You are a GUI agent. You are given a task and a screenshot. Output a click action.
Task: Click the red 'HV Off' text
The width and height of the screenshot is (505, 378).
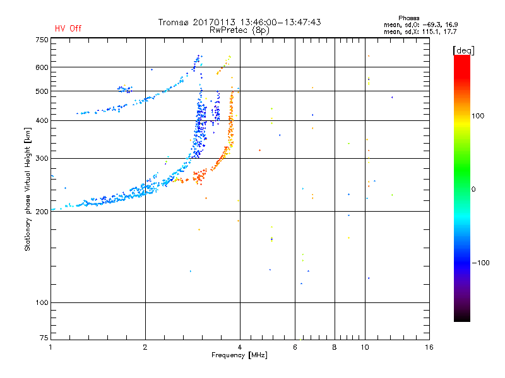pyautogui.click(x=68, y=28)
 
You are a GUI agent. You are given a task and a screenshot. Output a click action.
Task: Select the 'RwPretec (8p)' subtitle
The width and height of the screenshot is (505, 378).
pyautogui.click(x=239, y=30)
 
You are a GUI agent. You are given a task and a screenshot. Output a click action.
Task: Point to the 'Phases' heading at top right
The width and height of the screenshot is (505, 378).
pyautogui.click(x=408, y=18)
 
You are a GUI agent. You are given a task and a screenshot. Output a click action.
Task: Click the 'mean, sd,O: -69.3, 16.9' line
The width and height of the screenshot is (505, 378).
pyautogui.click(x=420, y=25)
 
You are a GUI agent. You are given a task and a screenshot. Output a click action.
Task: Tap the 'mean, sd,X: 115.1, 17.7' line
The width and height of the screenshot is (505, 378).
pyautogui.click(x=420, y=31)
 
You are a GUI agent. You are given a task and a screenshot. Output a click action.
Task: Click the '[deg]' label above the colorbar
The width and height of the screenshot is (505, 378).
pyautogui.click(x=463, y=50)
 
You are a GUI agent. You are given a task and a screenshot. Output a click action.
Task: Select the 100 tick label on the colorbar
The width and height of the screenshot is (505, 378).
pyautogui.click(x=478, y=116)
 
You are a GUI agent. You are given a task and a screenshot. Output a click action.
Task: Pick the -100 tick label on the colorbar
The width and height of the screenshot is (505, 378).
pyautogui.click(x=480, y=263)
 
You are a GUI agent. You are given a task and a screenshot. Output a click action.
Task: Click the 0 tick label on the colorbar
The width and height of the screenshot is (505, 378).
pyautogui.click(x=473, y=190)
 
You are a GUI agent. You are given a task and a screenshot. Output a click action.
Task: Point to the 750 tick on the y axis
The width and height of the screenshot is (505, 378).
pyautogui.click(x=42, y=40)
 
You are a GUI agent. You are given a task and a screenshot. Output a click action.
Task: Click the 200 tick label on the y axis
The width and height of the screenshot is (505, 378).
pyautogui.click(x=42, y=212)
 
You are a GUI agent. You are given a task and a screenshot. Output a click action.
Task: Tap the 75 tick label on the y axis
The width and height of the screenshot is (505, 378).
pyautogui.click(x=44, y=338)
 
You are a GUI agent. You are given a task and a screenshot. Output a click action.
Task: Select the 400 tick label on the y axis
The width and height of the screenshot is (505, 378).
pyautogui.click(x=42, y=120)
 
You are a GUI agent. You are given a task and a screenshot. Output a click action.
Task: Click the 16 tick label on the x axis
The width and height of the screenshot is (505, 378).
pyautogui.click(x=429, y=347)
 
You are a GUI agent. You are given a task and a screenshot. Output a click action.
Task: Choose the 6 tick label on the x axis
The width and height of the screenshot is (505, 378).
pyautogui.click(x=295, y=347)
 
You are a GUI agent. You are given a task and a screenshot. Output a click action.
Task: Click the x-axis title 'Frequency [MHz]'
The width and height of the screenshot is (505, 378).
pyautogui.click(x=239, y=355)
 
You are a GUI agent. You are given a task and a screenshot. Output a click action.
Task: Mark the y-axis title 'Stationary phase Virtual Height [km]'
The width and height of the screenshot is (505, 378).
pyautogui.click(x=28, y=189)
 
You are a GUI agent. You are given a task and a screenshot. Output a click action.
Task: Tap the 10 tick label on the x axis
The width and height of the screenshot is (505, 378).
pyautogui.click(x=365, y=347)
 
